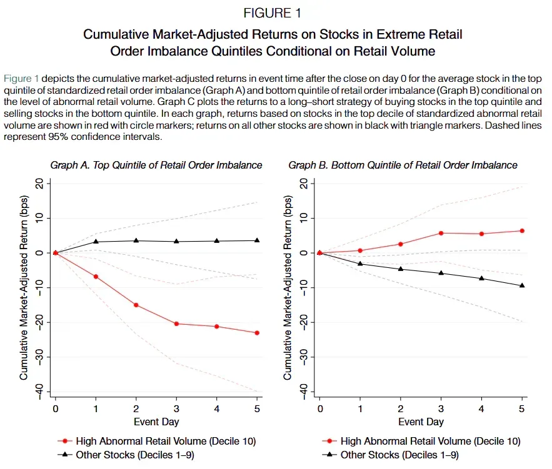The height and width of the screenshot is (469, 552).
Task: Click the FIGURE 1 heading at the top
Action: [x=272, y=13]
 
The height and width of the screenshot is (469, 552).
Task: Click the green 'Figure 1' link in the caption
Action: [x=21, y=79]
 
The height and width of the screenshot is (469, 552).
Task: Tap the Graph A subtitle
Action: [x=156, y=165]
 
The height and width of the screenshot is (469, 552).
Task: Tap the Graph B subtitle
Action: [x=403, y=165]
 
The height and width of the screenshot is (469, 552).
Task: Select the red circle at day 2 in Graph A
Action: [x=136, y=305]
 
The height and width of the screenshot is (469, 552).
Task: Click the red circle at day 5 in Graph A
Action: [x=257, y=333]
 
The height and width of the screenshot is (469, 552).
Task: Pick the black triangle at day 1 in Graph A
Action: [x=96, y=242]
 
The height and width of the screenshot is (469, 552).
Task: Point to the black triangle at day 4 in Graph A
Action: [x=217, y=241]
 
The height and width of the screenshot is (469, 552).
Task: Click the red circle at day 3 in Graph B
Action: [x=441, y=233]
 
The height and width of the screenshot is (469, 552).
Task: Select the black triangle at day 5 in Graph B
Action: [x=522, y=285]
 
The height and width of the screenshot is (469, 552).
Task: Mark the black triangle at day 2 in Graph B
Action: [x=401, y=269]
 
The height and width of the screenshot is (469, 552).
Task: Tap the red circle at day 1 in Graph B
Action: [x=360, y=250]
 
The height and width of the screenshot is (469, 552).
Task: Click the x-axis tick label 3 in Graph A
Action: [x=176, y=409]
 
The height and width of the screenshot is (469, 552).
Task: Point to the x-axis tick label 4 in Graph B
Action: [x=481, y=409]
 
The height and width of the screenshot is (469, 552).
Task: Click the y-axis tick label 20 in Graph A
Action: [x=39, y=184]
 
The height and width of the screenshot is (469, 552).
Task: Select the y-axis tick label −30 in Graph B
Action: [x=303, y=357]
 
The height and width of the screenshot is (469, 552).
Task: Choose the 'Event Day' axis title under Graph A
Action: [x=156, y=422]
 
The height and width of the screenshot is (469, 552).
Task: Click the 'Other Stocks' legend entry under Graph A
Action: [x=126, y=455]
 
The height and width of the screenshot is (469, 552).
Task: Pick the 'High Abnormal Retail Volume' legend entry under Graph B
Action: [x=421, y=442]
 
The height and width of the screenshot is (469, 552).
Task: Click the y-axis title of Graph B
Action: [x=288, y=288]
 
